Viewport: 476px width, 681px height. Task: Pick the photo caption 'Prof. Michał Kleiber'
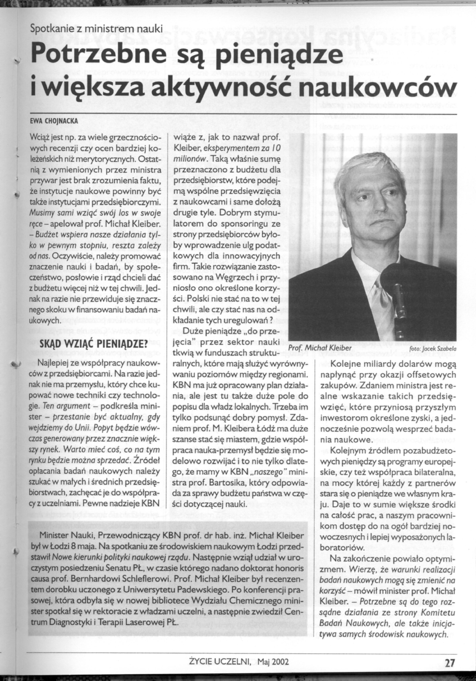coord(320,347)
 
